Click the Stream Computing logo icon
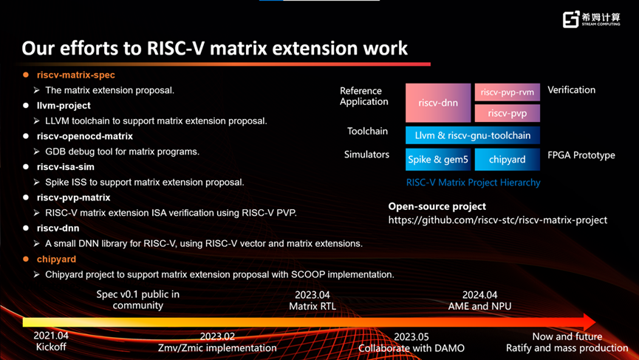pos(570,19)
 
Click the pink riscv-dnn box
pos(438,103)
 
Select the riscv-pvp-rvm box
pos(508,92)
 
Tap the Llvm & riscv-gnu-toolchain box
pos(473,135)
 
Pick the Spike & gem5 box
pos(438,160)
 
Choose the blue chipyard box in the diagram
pos(508,160)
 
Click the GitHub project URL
pos(498,220)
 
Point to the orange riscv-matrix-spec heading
pos(76,75)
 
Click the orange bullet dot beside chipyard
pos(26,259)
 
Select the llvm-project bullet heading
pos(64,106)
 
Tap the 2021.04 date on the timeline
pos(51,336)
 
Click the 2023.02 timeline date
pos(217,336)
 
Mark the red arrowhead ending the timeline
pos(590,322)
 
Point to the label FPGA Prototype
pos(581,155)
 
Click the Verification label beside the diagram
pos(571,90)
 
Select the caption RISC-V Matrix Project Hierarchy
pos(473,183)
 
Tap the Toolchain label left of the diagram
pos(367,132)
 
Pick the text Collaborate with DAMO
pos(411,348)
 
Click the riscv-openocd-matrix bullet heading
pos(85,136)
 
